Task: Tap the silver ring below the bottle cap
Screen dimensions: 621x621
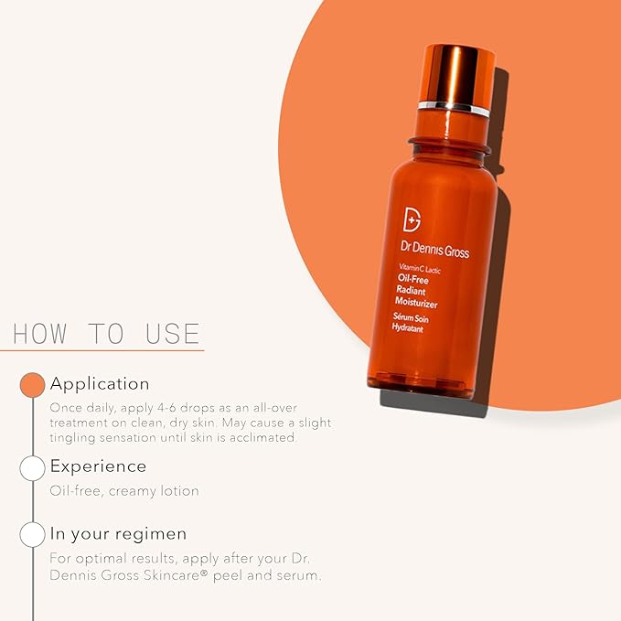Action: (x=454, y=109)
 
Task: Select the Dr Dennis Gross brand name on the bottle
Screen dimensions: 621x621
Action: (x=434, y=250)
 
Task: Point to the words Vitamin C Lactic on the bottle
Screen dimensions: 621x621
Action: (x=420, y=268)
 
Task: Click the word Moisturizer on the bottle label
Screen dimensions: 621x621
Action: (x=416, y=303)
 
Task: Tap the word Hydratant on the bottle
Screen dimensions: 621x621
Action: (x=408, y=328)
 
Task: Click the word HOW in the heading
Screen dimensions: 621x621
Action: (x=39, y=334)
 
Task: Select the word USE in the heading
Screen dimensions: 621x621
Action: (x=172, y=334)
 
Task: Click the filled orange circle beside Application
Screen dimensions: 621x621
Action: (x=33, y=384)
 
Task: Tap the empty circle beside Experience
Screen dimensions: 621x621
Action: (x=33, y=468)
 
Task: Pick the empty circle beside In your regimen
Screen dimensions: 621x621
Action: (x=33, y=535)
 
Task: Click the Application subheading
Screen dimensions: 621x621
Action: (x=100, y=384)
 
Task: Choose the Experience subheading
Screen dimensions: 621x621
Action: (x=98, y=466)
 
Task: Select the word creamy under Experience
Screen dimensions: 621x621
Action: (x=132, y=492)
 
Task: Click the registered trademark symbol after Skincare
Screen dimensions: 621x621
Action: (x=204, y=573)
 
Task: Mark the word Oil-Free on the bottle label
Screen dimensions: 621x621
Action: (x=413, y=279)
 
